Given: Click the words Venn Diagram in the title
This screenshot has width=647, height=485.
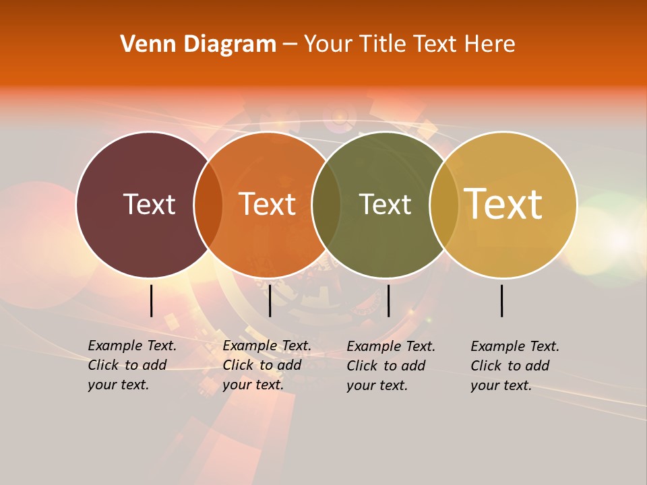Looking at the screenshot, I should click(198, 44).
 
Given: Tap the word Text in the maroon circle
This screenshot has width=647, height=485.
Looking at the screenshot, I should click(149, 204).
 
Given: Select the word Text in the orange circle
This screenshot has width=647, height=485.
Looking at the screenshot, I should click(267, 204).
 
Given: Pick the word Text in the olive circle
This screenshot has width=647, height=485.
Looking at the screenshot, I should click(385, 204).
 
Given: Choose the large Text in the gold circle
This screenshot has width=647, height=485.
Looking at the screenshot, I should click(503, 204).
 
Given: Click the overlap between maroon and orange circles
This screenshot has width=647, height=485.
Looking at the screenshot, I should click(208, 204).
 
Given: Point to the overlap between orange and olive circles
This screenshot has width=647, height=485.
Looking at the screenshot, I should click(326, 204).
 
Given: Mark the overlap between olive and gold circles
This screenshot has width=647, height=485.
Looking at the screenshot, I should click(443, 204).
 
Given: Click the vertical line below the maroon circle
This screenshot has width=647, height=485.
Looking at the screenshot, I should click(151, 300).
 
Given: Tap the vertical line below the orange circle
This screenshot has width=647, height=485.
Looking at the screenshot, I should click(270, 300).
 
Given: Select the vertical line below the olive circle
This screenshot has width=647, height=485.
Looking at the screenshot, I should click(388, 300).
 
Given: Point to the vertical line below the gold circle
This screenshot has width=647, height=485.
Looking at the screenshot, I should click(501, 300).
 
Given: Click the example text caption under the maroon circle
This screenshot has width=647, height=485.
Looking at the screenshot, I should click(131, 365).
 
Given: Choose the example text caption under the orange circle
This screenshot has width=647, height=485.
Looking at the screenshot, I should click(266, 365).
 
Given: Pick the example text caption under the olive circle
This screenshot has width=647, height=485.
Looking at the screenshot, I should click(390, 366).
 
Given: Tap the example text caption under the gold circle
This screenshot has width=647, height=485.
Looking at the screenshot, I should click(514, 366).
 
